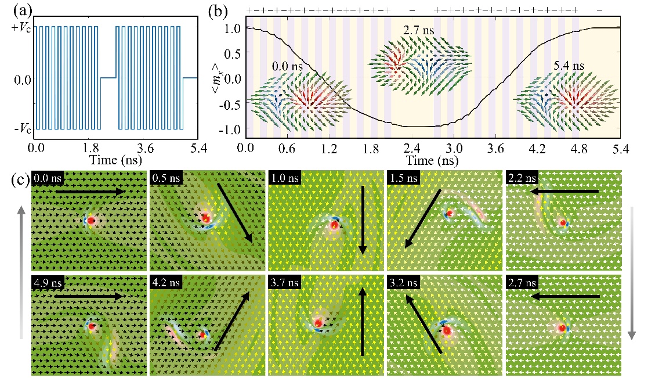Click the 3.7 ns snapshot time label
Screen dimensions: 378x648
(x=284, y=283)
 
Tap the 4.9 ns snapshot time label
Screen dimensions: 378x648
(x=47, y=283)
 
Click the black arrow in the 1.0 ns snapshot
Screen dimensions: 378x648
(x=363, y=219)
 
